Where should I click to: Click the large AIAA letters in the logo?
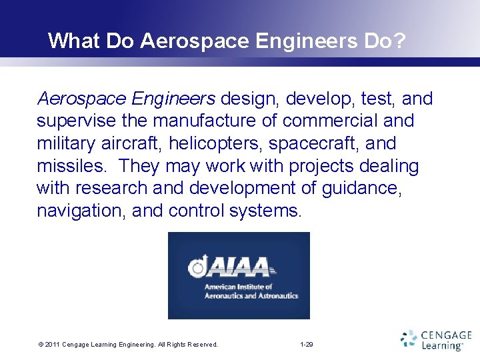point(240,267)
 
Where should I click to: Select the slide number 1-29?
point(307,345)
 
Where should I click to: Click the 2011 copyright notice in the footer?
point(128,345)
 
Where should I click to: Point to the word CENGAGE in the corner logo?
point(447,335)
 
